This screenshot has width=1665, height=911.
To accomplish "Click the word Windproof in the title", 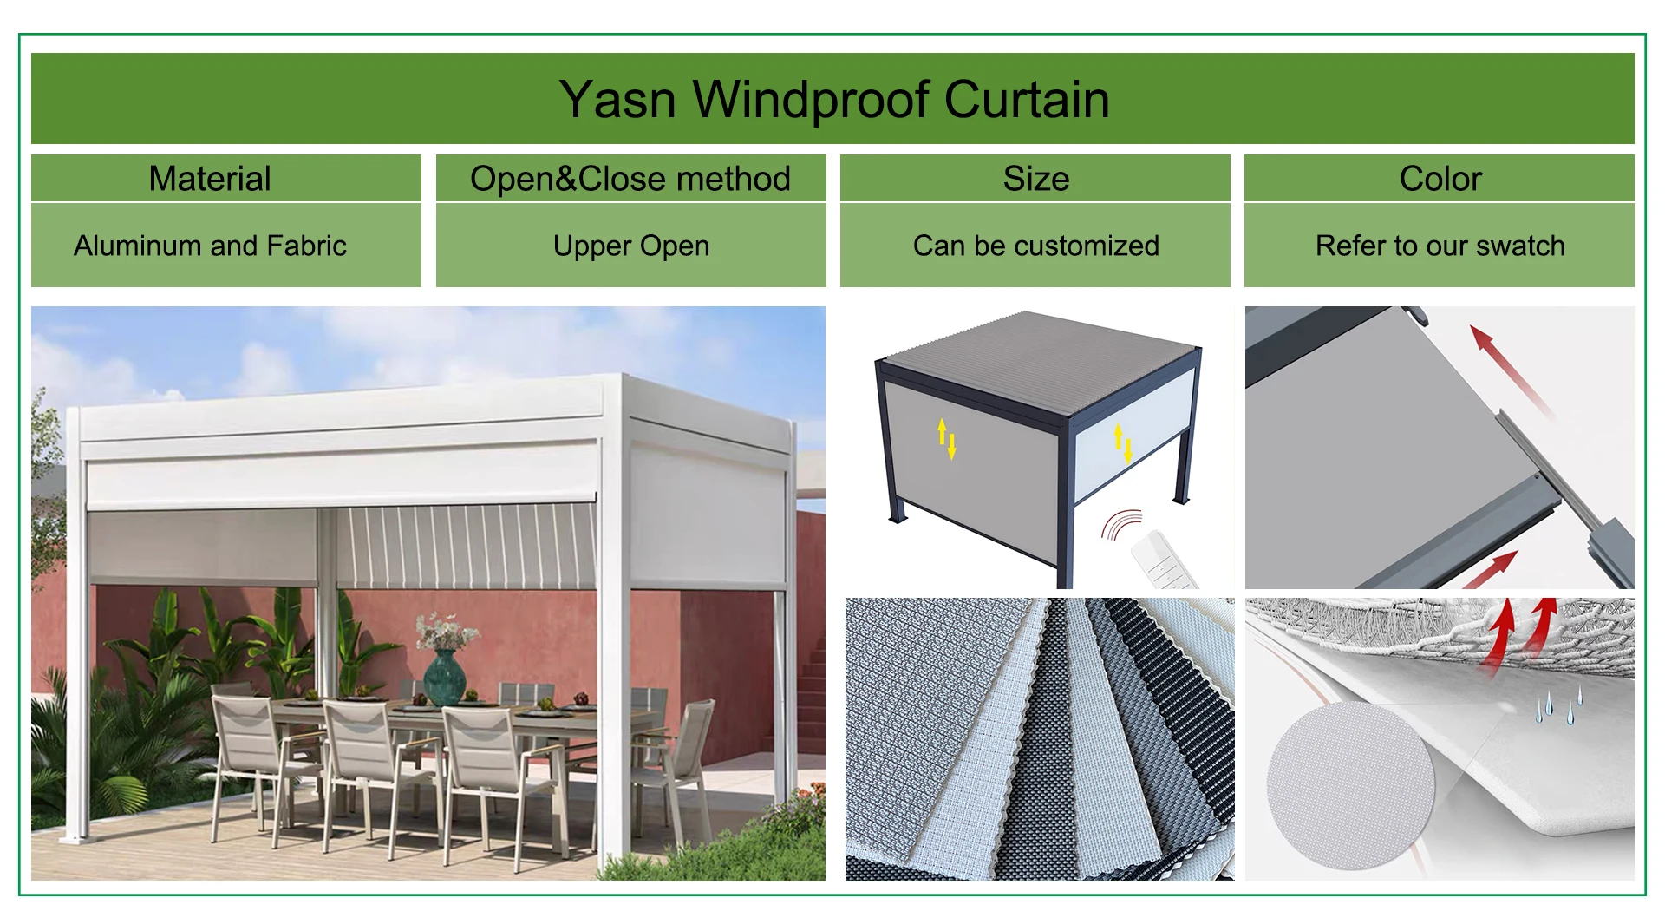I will point(811,100).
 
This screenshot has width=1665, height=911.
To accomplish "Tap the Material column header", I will point(210,179).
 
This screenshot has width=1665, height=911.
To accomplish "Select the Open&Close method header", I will point(630,179).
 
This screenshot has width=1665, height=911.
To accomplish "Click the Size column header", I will point(1035,179).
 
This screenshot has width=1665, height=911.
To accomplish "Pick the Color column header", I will point(1440,179).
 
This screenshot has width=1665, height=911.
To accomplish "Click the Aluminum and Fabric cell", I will point(210,246).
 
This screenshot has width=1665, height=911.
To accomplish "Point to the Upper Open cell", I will point(630,246).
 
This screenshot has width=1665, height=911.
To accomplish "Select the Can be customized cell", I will point(1035,246).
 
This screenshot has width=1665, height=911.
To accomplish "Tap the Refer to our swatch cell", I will point(1440,246).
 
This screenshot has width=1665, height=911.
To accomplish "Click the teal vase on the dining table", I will point(444,676).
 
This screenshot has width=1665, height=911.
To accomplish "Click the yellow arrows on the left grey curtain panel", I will point(946,438).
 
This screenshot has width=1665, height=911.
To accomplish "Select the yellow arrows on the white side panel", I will point(1123,442).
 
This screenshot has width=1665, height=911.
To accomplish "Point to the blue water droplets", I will point(1558,706).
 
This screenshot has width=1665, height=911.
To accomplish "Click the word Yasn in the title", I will point(617,100).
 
